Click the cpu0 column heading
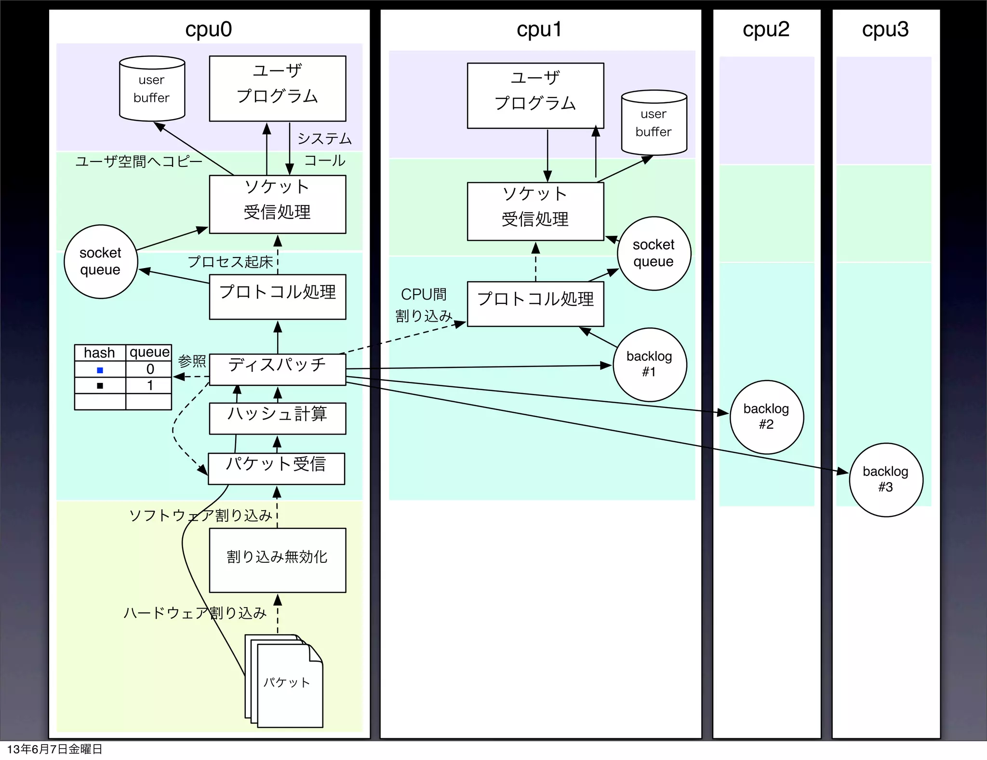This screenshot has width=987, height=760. click(209, 29)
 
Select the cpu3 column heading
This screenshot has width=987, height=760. click(885, 29)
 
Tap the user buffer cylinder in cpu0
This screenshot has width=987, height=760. click(152, 89)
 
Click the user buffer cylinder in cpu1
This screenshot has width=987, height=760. click(654, 123)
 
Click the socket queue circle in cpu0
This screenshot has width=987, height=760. click(101, 261)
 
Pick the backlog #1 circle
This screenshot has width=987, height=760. click(650, 365)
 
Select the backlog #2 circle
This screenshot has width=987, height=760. click(766, 417)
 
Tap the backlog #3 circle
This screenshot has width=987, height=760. click(886, 479)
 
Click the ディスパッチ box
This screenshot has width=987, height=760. click(277, 369)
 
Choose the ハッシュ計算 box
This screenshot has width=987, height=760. click(277, 418)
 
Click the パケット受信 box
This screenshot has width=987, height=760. click(276, 468)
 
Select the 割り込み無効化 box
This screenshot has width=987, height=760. click(277, 560)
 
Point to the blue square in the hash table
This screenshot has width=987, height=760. click(100, 370)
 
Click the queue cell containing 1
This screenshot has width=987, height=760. click(149, 385)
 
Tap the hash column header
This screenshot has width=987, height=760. click(99, 353)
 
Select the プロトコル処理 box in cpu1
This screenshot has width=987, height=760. click(535, 303)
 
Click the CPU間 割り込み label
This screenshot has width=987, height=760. click(424, 305)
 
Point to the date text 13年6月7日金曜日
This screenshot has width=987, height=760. click(54, 749)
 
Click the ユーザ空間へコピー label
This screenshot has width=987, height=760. click(139, 161)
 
